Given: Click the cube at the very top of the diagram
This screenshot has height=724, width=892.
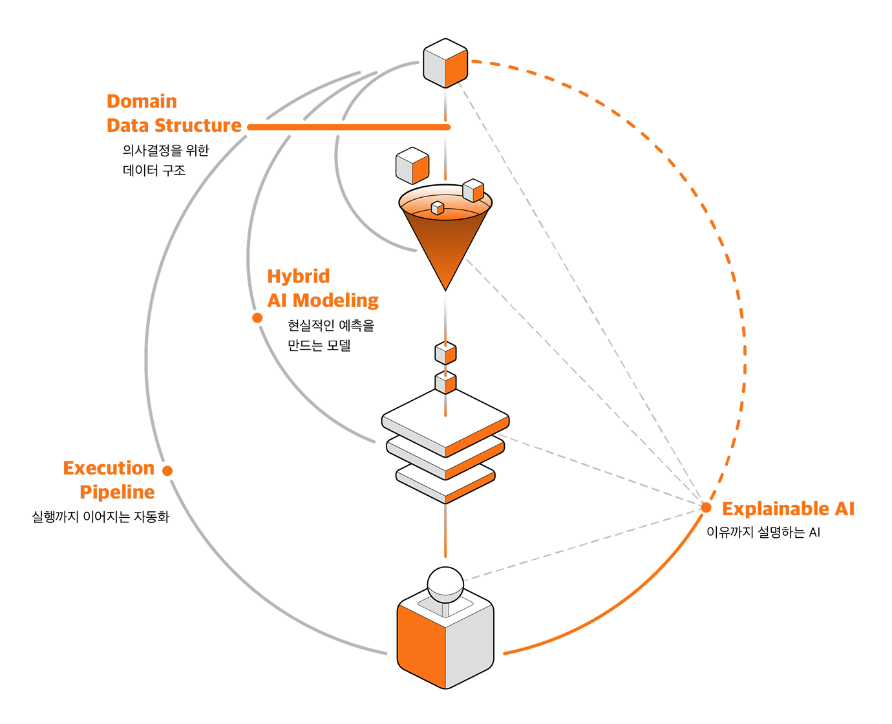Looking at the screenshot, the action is pyautogui.click(x=445, y=63).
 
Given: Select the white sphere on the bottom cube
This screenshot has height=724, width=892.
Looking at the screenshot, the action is pyautogui.click(x=445, y=584).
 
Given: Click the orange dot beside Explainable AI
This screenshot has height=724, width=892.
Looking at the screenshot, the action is pyautogui.click(x=706, y=507).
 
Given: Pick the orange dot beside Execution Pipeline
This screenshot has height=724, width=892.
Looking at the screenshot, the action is pyautogui.click(x=167, y=471).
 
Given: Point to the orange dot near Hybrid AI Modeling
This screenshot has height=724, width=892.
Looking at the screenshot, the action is pyautogui.click(x=257, y=318).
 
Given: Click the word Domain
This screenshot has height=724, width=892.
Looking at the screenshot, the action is pyautogui.click(x=142, y=101).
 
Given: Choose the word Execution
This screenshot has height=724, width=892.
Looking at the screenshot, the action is pyautogui.click(x=109, y=468).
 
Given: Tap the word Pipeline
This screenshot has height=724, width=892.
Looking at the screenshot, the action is pyautogui.click(x=117, y=493).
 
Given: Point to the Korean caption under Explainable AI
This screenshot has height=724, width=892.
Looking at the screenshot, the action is pyautogui.click(x=763, y=532).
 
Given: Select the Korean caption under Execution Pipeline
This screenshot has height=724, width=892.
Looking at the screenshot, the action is pyautogui.click(x=100, y=516).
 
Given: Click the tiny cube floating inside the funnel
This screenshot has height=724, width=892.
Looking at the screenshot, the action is pyautogui.click(x=437, y=208).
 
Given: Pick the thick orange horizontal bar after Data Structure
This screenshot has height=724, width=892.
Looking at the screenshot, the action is pyautogui.click(x=348, y=127).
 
